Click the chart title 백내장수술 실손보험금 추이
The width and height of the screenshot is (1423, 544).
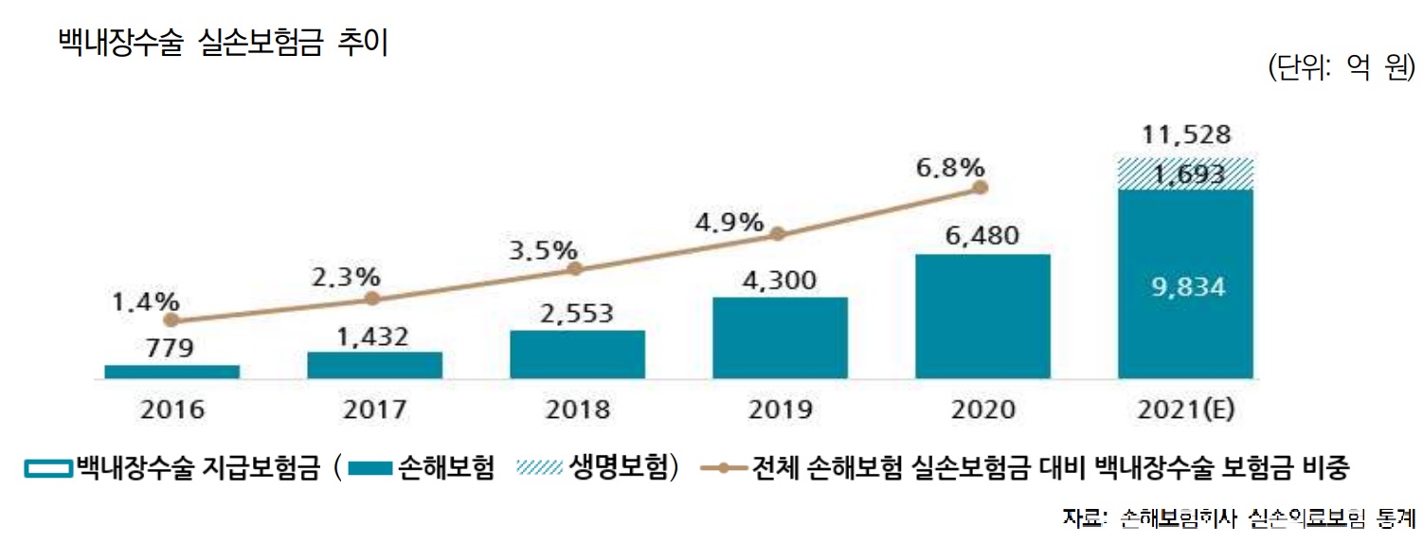click(x=223, y=45)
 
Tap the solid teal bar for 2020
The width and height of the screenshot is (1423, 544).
click(x=982, y=317)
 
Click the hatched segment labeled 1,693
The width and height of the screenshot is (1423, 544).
click(x=1185, y=174)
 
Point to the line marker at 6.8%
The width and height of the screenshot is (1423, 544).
click(x=982, y=188)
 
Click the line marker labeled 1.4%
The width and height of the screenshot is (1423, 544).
click(x=171, y=320)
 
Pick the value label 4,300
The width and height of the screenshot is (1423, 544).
click(x=780, y=281)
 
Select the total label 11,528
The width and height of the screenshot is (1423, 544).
click(x=1185, y=135)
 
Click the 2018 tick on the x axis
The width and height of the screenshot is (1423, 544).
click(x=577, y=409)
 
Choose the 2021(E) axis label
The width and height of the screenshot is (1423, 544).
click(x=1185, y=409)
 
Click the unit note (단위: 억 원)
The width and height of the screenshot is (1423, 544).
click(x=1340, y=68)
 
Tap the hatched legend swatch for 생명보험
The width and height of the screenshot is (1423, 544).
click(x=541, y=467)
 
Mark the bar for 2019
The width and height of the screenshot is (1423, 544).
click(x=780, y=338)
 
